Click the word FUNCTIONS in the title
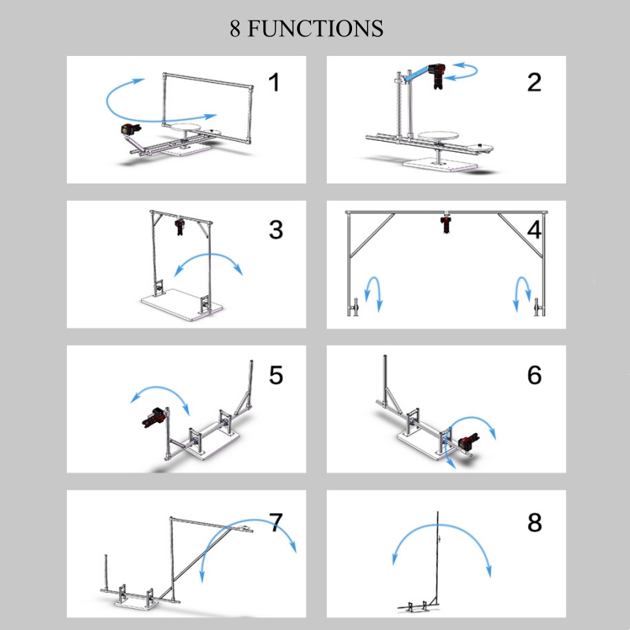tap(315, 28)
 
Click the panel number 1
tap(274, 83)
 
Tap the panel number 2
tap(534, 83)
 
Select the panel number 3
tap(276, 230)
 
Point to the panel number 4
tap(535, 230)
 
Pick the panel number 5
tap(276, 376)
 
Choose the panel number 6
tap(535, 376)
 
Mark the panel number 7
tap(276, 522)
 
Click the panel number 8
tap(535, 522)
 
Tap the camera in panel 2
tap(436, 76)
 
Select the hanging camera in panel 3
tap(180, 226)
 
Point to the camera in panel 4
tap(446, 224)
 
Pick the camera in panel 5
tap(154, 417)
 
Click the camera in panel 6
tap(468, 442)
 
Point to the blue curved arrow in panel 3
tap(209, 254)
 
